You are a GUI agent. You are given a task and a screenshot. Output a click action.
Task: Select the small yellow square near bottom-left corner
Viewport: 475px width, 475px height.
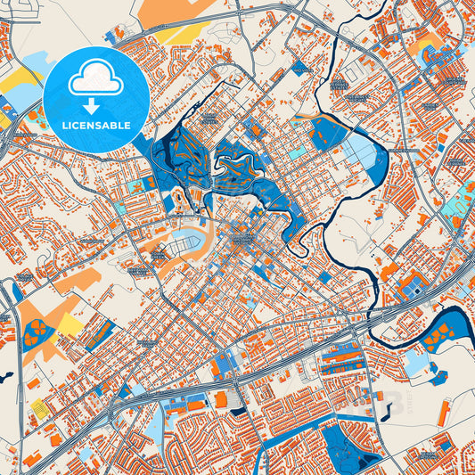tap(38, 407)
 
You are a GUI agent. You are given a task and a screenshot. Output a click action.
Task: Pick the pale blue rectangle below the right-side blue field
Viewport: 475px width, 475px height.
tap(416, 363)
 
